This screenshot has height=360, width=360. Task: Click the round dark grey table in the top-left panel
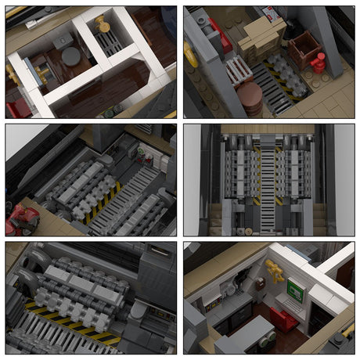point(72,56)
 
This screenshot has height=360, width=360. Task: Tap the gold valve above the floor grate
point(103,24)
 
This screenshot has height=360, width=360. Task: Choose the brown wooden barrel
point(250,98)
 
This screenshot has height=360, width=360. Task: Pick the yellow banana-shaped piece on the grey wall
point(190,55)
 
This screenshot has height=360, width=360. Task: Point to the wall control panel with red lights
point(142,154)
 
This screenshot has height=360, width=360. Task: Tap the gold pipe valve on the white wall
point(275,271)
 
